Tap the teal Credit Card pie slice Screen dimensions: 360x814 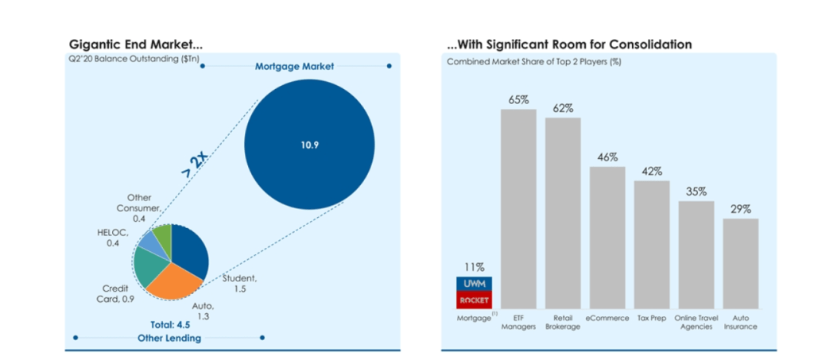149,266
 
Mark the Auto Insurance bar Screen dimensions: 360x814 741,263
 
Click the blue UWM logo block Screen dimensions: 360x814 472,284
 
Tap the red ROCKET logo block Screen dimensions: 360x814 472,300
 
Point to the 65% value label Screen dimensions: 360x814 518,99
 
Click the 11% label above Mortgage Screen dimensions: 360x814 472,267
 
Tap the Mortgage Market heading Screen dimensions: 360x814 294,66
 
